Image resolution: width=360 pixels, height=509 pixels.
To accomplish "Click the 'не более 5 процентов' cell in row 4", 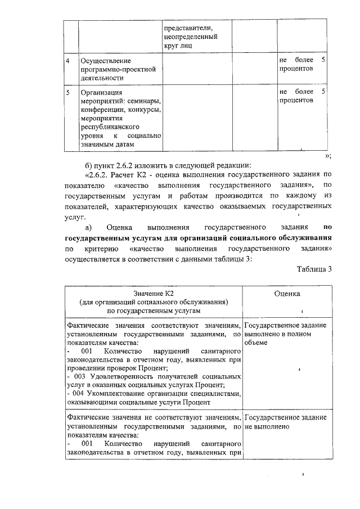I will click(301, 64).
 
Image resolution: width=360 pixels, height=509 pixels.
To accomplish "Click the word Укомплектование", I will click(123, 394).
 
